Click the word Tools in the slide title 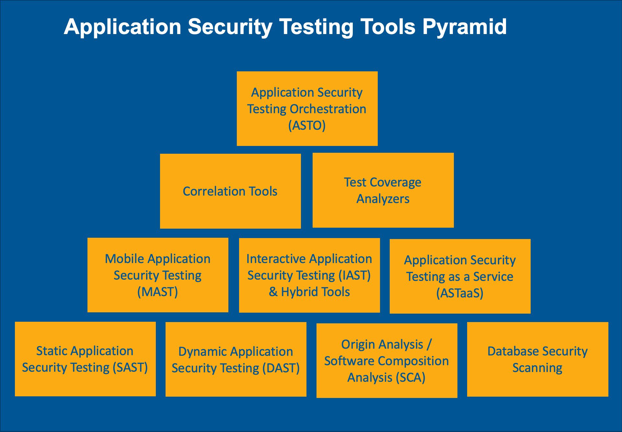coord(388,27)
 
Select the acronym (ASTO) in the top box coord(307,126)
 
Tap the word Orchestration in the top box coord(328,109)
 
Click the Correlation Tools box coord(230,191)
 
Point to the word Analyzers coord(383,199)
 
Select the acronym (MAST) coord(157,292)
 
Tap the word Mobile coord(124,259)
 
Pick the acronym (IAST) coord(354,275)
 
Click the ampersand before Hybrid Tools coord(273,292)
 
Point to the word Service coord(493,277)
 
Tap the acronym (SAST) coord(130,367)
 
